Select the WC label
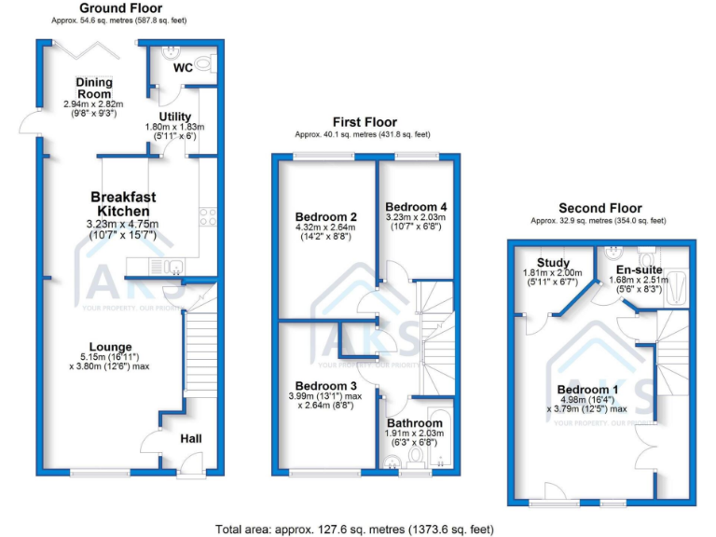183,67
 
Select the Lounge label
110,347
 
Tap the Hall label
191,438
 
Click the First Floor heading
365,122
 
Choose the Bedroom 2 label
320,217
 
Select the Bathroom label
416,423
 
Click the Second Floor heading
598,208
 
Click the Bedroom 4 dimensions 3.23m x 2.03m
417,217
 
